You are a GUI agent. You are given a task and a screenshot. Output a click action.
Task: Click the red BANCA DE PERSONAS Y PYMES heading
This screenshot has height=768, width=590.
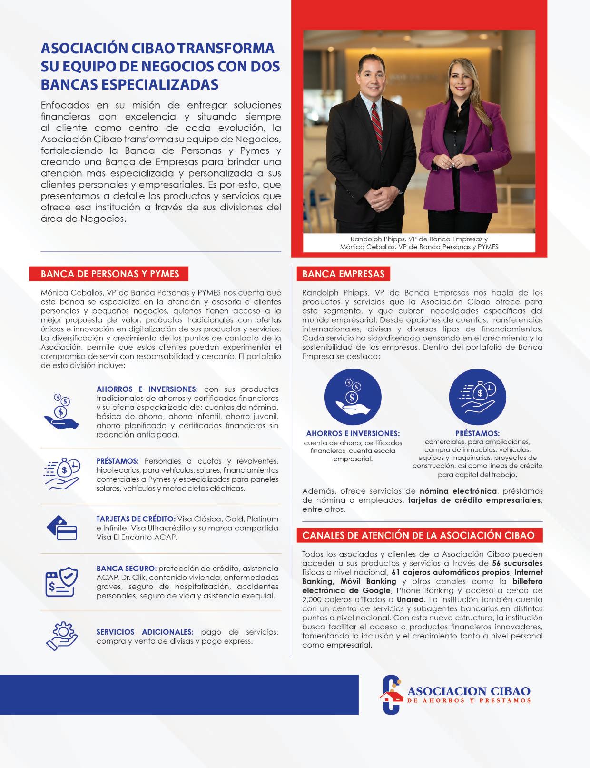[109, 274]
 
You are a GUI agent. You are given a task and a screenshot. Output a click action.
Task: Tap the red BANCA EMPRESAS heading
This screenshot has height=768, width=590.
[343, 274]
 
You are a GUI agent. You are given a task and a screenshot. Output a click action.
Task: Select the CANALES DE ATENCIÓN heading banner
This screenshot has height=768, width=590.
[419, 535]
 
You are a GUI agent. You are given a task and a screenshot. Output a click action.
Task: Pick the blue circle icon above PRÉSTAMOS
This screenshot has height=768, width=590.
[477, 397]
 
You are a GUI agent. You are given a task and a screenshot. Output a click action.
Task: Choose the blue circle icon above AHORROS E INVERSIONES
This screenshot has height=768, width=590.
[353, 397]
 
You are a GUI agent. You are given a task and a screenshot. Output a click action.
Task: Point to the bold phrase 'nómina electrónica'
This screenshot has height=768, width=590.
[458, 491]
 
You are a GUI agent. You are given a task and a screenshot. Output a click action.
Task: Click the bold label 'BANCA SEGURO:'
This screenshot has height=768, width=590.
[126, 569]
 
